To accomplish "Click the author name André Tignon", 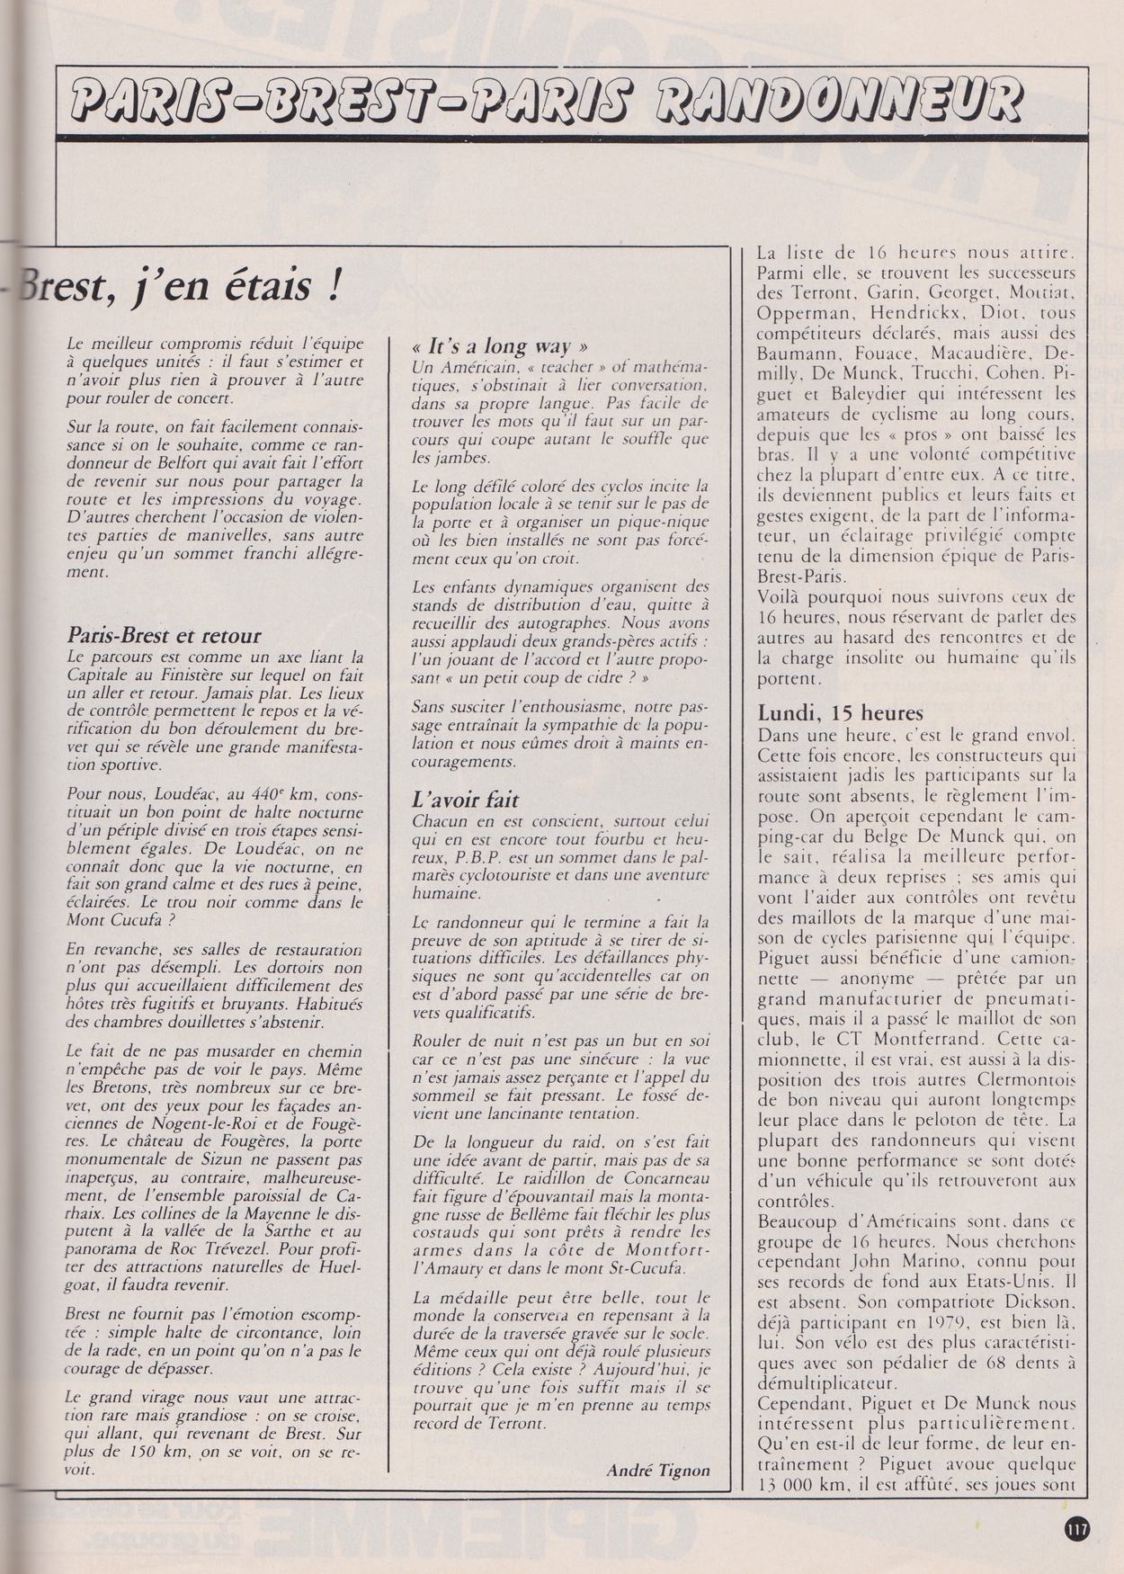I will [x=657, y=1471].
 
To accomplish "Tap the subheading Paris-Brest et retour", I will [x=165, y=636].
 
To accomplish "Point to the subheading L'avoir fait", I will [x=466, y=800].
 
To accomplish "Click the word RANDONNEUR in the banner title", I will [x=840, y=101].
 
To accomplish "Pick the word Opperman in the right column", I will [x=798, y=314].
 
